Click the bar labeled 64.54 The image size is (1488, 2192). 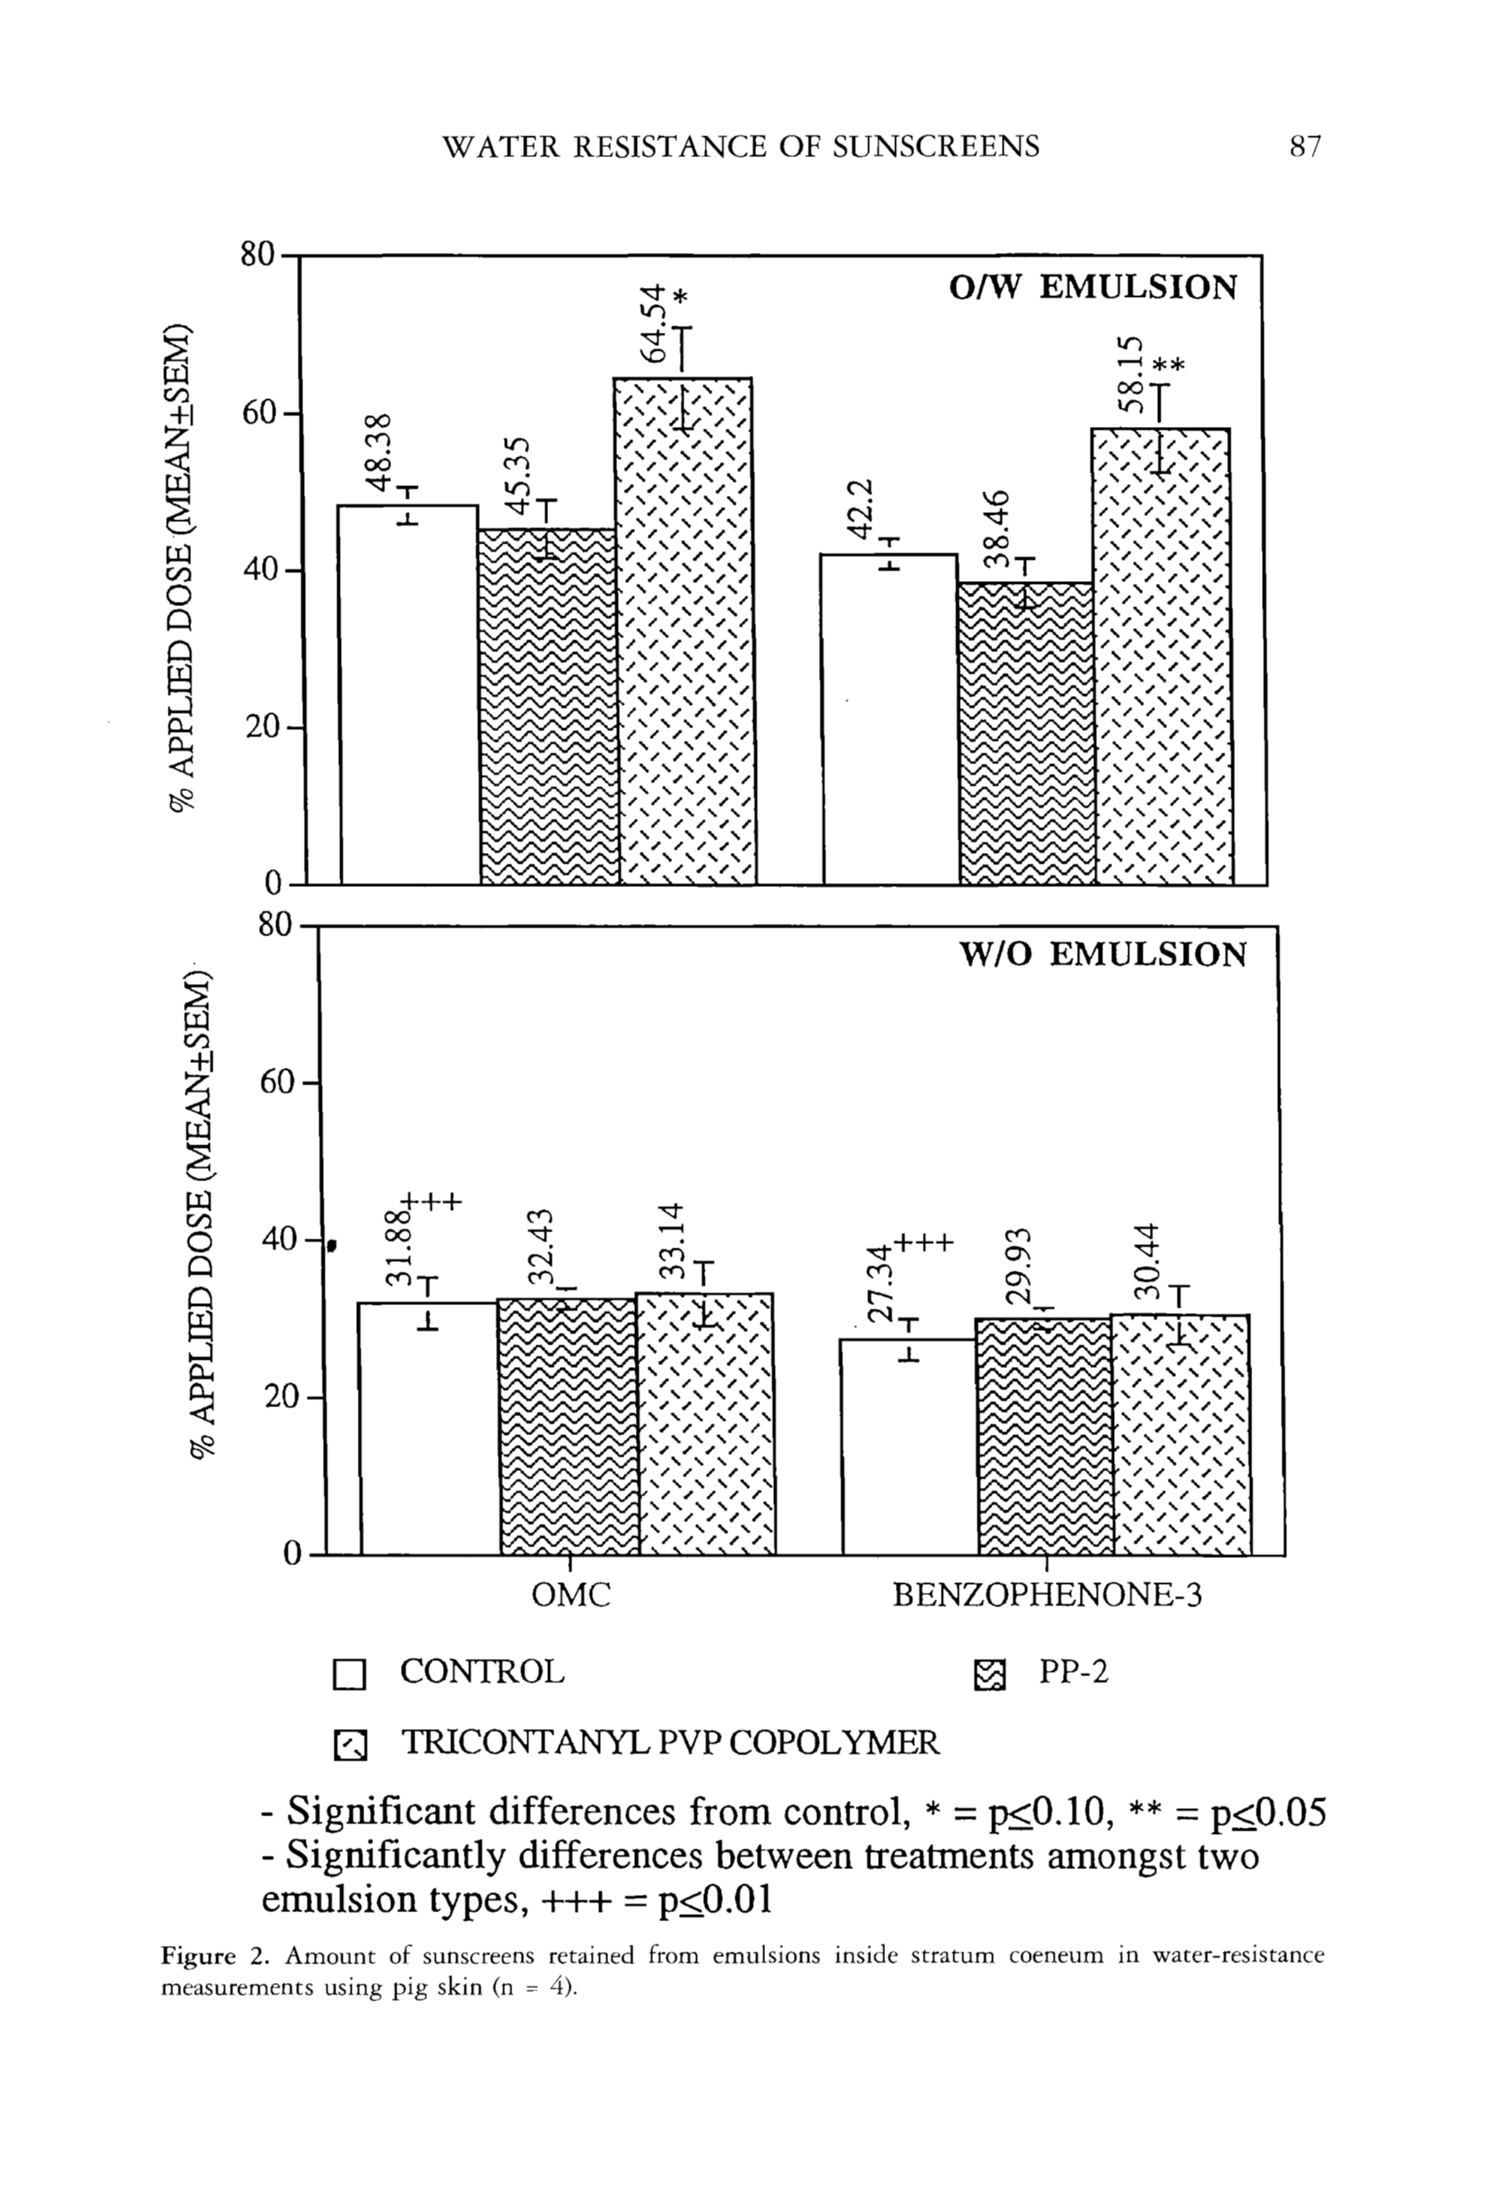tap(683, 632)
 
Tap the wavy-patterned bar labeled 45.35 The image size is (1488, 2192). tap(548, 708)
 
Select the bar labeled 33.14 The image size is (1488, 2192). tap(705, 1423)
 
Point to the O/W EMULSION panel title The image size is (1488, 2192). tap(1092, 287)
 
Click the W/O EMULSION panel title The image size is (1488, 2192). tap(1102, 954)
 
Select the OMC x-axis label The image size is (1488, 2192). tap(571, 1595)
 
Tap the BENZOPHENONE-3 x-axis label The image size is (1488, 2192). tap(1047, 1595)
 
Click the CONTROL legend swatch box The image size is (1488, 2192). tap(349, 1675)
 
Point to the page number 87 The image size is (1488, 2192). tap(1305, 146)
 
